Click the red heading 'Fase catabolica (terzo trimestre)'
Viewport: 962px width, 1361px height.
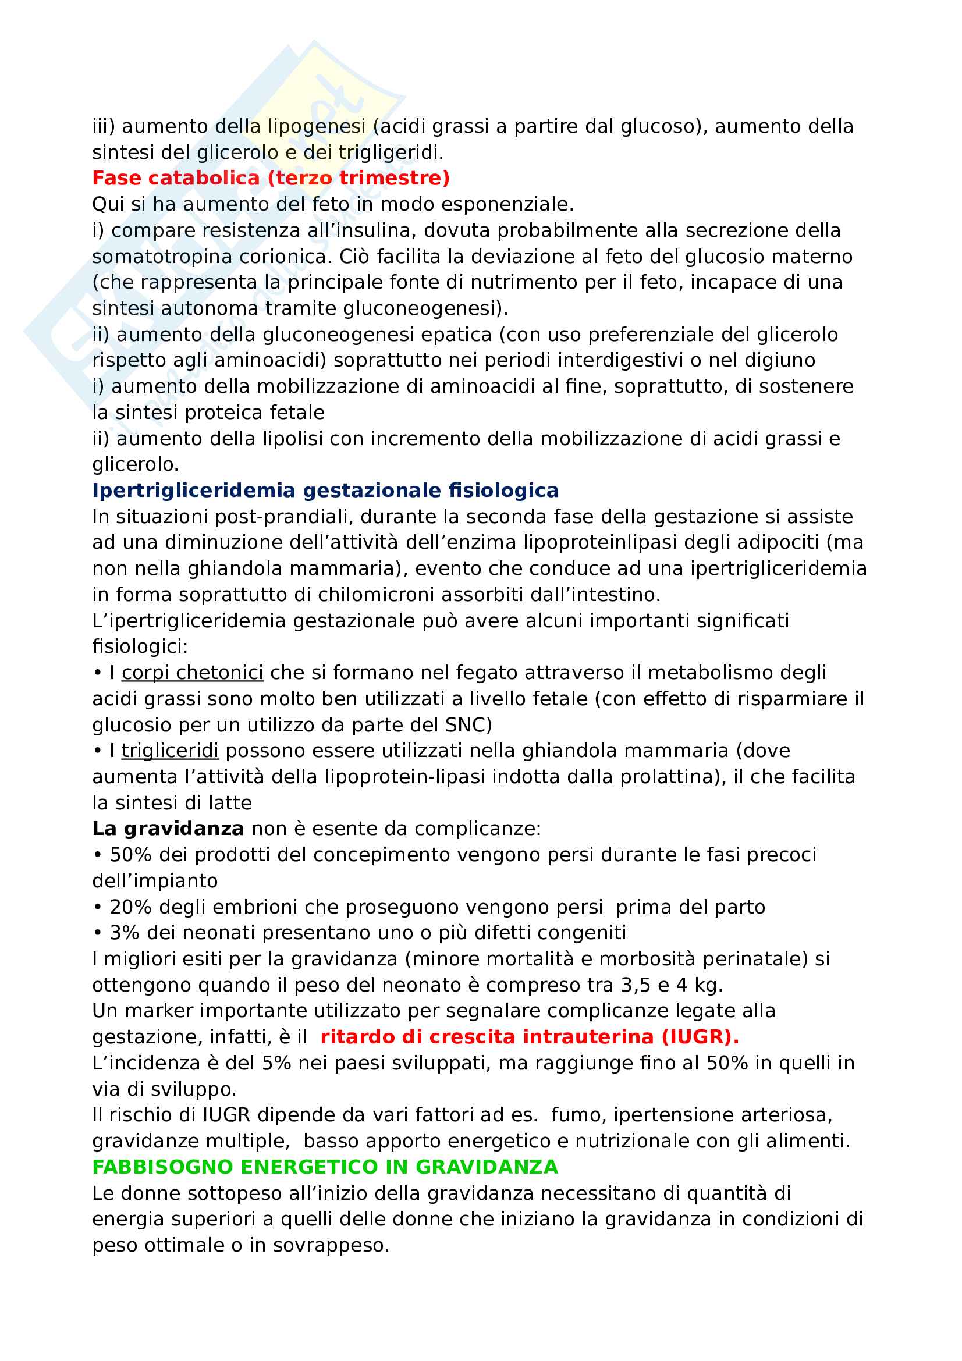click(x=271, y=178)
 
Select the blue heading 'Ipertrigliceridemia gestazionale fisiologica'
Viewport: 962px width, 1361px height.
click(x=325, y=490)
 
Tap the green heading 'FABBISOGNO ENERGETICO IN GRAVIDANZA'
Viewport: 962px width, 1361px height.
click(x=325, y=1167)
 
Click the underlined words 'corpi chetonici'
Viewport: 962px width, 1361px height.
click(x=193, y=672)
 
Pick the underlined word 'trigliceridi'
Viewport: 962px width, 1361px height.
click(x=170, y=751)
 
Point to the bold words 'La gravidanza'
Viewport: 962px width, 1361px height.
click(x=168, y=828)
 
